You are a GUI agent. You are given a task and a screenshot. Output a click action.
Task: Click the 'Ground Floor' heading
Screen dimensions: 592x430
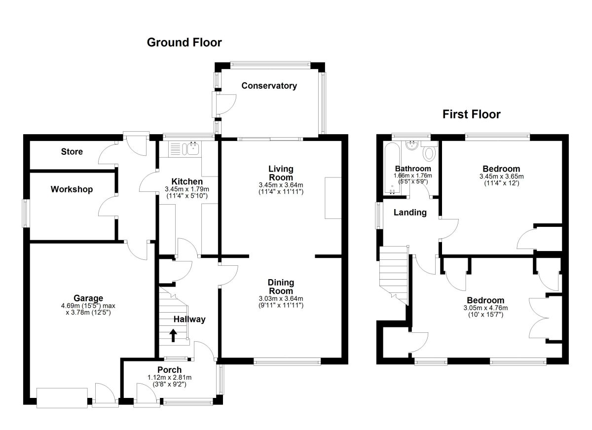pyautogui.click(x=184, y=42)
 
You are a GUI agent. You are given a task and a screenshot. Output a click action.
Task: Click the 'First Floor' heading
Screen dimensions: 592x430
pyautogui.click(x=471, y=115)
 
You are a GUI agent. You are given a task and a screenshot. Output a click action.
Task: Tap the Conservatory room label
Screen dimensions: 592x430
pyautogui.click(x=269, y=86)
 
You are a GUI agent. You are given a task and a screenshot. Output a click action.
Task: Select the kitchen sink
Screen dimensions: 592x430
pyautogui.click(x=189, y=147)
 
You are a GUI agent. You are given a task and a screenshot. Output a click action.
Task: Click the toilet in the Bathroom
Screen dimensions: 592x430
pyautogui.click(x=430, y=152)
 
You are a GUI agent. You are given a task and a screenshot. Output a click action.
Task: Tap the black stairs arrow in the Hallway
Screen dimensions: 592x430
pyautogui.click(x=173, y=335)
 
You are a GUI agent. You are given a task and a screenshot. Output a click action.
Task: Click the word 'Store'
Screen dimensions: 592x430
pyautogui.click(x=72, y=152)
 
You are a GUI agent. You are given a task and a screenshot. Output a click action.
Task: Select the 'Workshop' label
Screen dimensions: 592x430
pyautogui.click(x=72, y=189)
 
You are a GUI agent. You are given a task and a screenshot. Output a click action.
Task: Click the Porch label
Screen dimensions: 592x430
pyautogui.click(x=169, y=370)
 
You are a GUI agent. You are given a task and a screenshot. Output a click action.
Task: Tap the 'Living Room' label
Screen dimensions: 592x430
pyautogui.click(x=280, y=173)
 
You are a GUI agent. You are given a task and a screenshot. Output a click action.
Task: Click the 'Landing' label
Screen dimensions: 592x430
pyautogui.click(x=410, y=213)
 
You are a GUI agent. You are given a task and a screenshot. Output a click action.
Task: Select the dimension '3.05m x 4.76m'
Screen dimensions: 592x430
pyautogui.click(x=486, y=308)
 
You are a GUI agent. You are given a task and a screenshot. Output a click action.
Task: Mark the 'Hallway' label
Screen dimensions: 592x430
pyautogui.click(x=189, y=319)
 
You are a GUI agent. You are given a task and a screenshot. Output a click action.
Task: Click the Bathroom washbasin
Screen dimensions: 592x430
pyautogui.click(x=411, y=145)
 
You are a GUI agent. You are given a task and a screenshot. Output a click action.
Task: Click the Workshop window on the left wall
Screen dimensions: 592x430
pyautogui.click(x=26, y=214)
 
